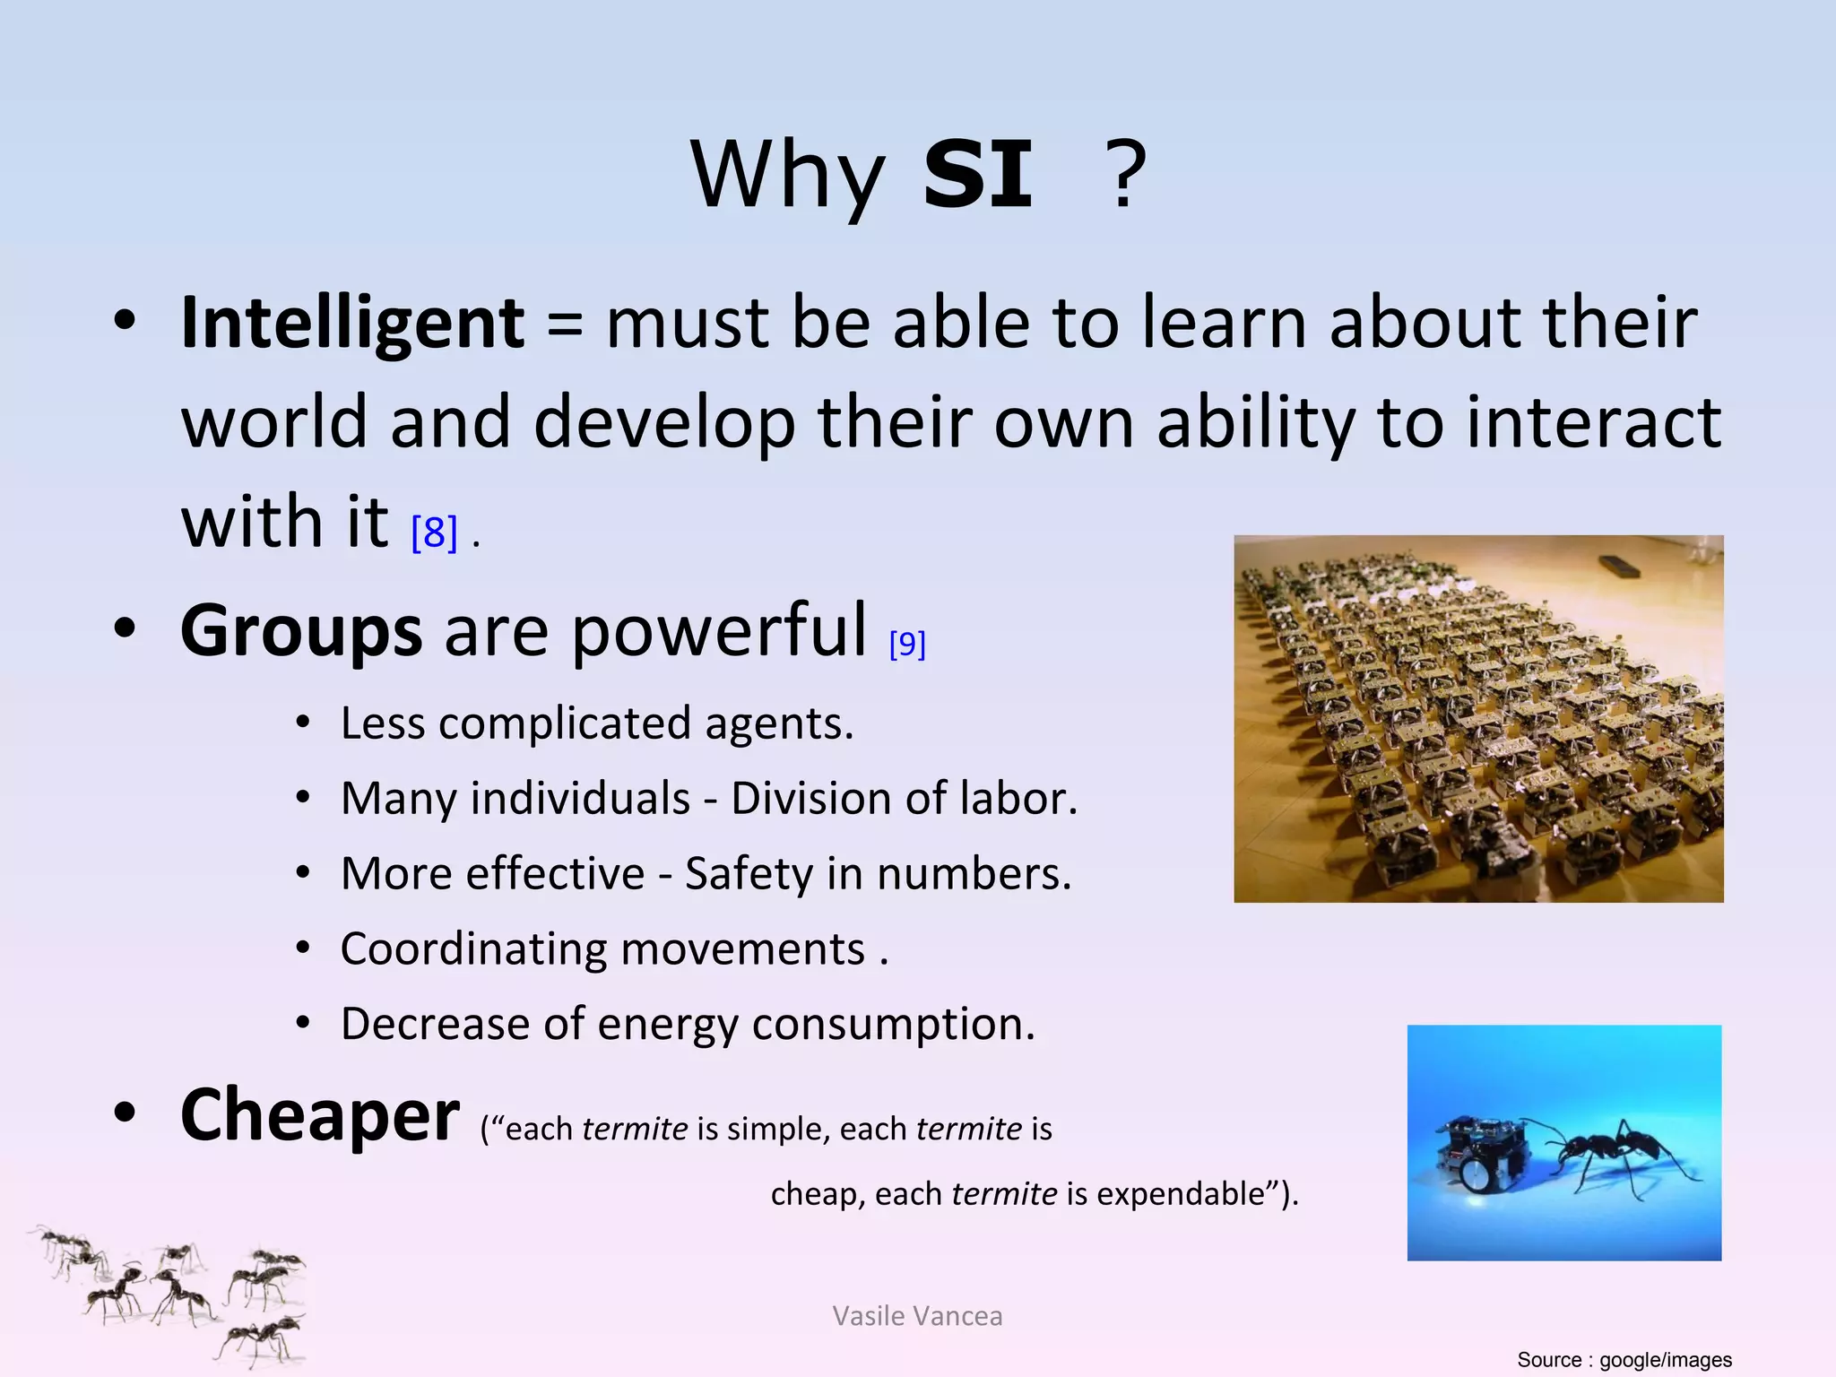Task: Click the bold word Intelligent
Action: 352,323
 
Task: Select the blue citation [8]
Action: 434,533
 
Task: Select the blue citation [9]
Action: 907,644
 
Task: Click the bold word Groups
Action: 301,631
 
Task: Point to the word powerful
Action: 720,631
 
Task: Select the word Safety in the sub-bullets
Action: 749,874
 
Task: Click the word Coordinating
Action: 470,949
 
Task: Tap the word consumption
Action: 893,1025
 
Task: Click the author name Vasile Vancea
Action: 917,1316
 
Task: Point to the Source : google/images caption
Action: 1624,1360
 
